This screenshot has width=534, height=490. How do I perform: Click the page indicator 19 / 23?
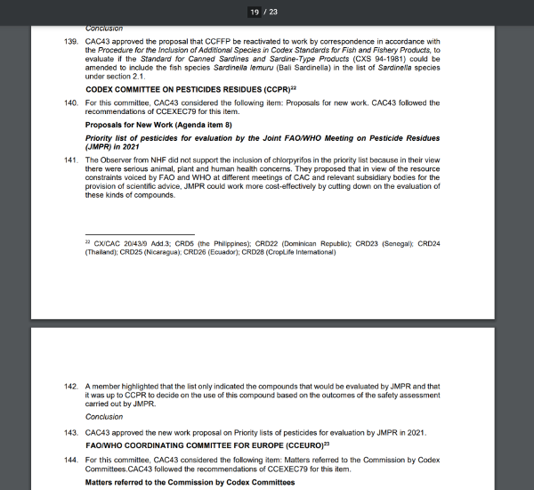tap(266, 12)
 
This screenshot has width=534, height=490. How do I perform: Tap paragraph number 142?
tap(70, 388)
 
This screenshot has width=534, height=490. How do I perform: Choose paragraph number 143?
tap(70, 433)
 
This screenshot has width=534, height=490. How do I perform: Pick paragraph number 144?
tap(70, 460)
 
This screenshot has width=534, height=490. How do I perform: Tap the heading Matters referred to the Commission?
tap(190, 482)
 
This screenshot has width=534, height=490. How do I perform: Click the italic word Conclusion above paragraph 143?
tap(104, 418)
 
